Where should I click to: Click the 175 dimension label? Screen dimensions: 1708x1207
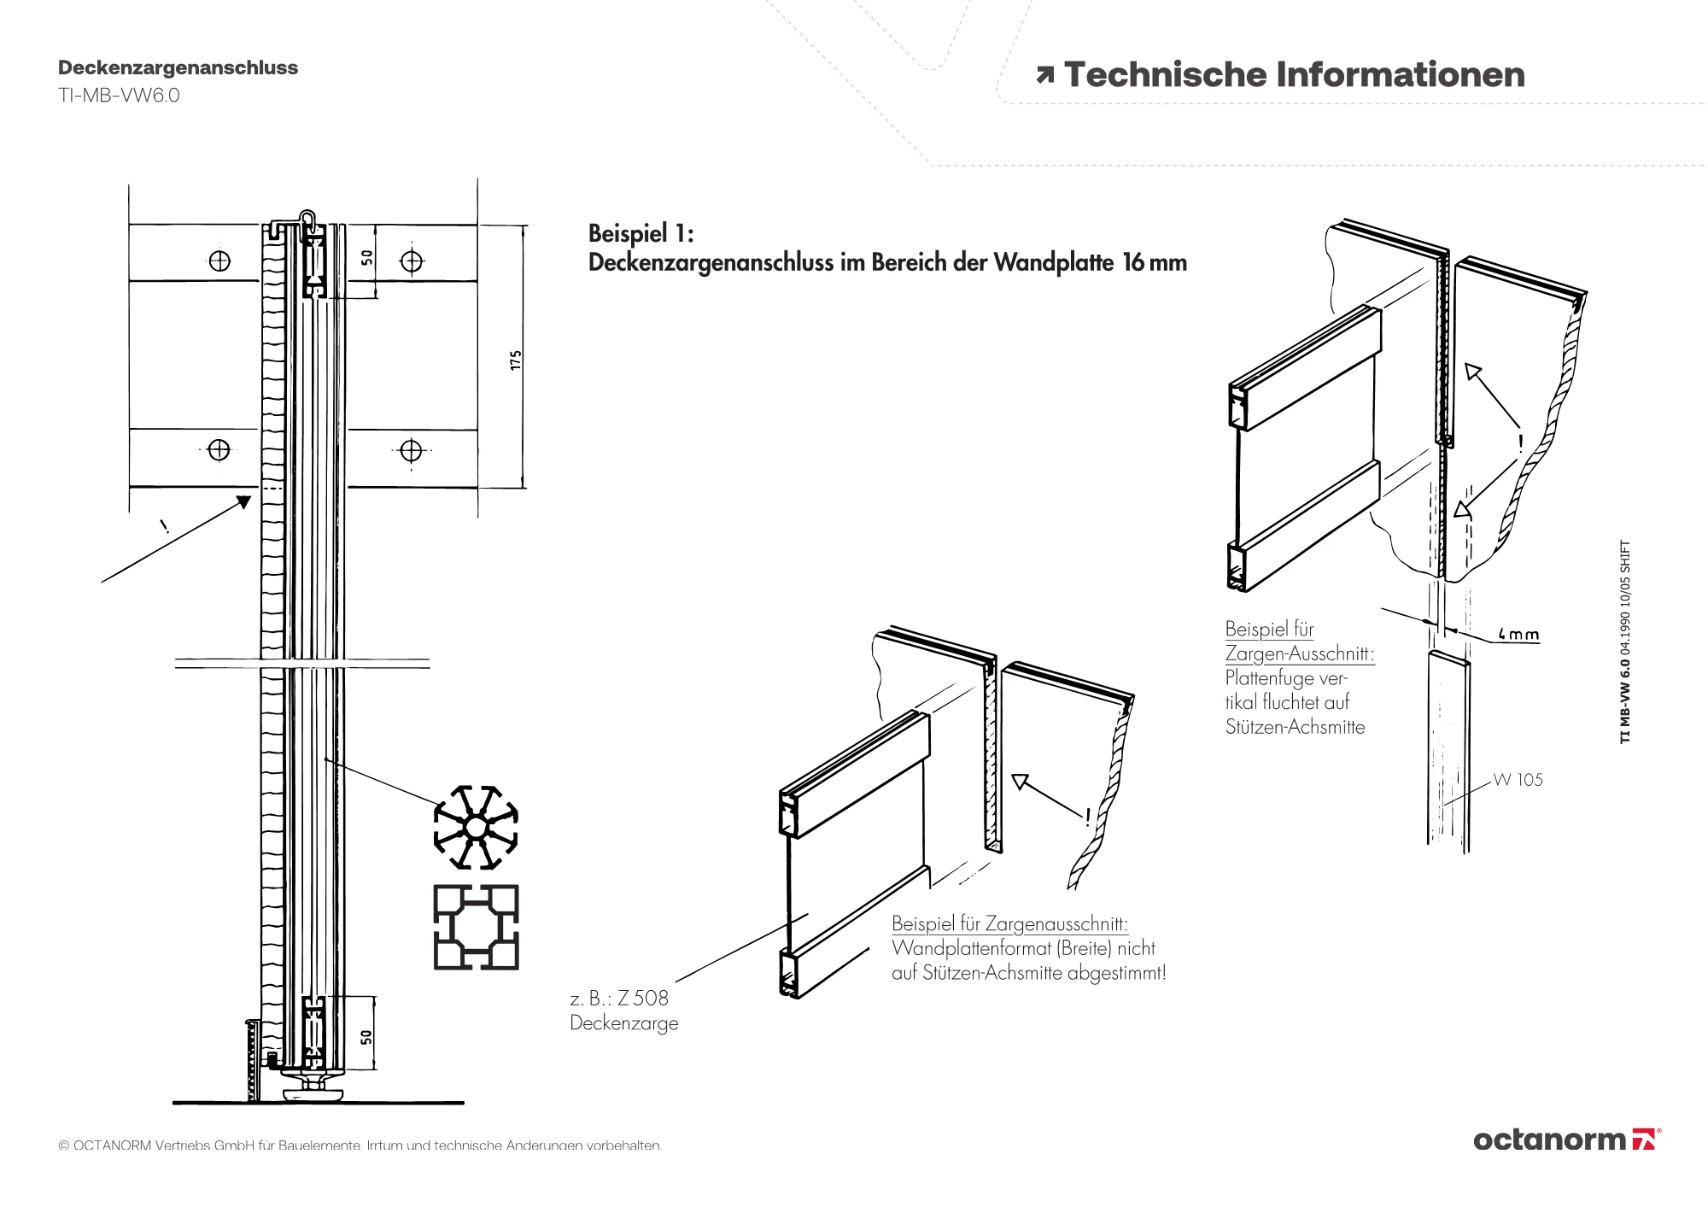[515, 360]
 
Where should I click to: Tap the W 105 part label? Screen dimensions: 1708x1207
[1518, 780]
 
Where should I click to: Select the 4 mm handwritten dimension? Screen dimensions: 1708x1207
[1518, 635]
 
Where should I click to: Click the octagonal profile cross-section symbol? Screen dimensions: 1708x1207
[476, 828]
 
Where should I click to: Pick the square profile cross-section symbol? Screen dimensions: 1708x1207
[476, 927]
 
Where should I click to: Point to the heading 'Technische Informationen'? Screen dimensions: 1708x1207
[1294, 75]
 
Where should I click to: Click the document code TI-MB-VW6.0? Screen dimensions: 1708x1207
[119, 95]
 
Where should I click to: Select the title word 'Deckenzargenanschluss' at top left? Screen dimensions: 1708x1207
[178, 67]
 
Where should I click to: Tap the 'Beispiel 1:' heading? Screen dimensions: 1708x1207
[641, 233]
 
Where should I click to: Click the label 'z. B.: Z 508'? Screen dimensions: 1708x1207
[619, 998]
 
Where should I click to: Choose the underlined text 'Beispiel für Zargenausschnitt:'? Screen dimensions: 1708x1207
[1010, 923]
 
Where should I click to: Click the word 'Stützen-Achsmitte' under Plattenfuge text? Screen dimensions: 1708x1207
[1295, 727]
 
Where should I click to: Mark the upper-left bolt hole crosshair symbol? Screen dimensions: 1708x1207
[219, 261]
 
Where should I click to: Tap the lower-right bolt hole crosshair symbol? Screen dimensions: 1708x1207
[412, 449]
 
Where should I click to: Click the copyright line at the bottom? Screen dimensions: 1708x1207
[360, 1145]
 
